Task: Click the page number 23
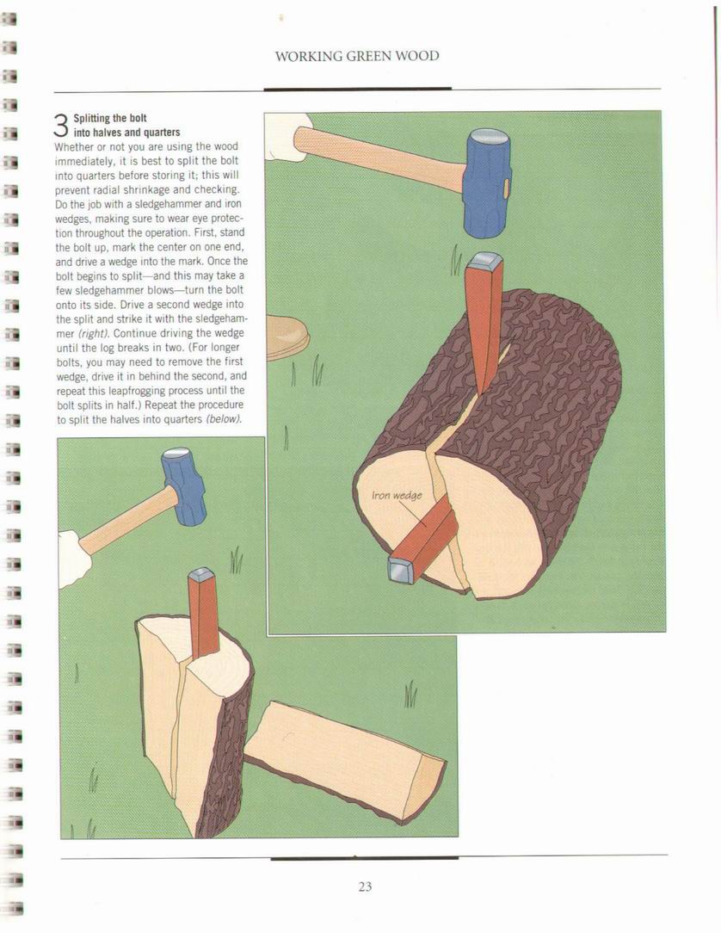coord(365,887)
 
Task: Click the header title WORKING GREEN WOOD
coord(357,57)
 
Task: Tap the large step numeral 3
coord(61,125)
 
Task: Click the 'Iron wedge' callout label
coord(397,495)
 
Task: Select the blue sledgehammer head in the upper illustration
coord(488,182)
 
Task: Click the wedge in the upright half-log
coord(203,613)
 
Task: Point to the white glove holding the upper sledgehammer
coord(287,137)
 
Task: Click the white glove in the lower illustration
coord(74,558)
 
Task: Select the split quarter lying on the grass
coord(345,754)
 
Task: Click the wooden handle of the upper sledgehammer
coord(381,158)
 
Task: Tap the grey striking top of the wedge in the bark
coord(487,261)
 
